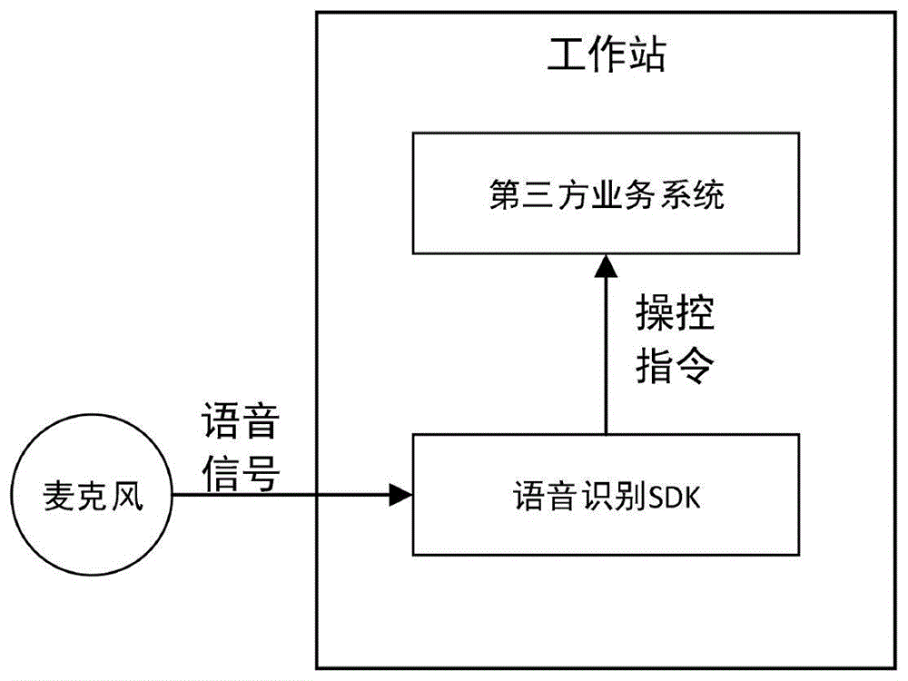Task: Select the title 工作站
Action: click(x=606, y=55)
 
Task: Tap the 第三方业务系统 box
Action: click(x=606, y=193)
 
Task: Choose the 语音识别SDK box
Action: click(x=606, y=496)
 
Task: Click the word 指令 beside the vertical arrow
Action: click(x=675, y=368)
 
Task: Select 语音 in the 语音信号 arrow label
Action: click(x=240, y=424)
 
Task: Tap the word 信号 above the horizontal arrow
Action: click(x=240, y=473)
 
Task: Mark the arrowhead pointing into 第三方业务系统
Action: click(x=606, y=265)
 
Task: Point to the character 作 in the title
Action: click(x=606, y=55)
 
